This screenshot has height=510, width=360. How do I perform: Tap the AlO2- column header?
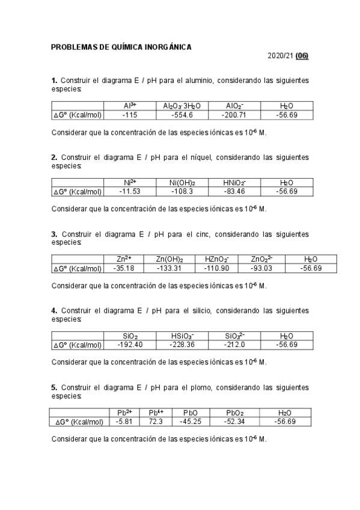point(234,106)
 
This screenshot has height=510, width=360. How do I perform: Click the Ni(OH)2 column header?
point(184,183)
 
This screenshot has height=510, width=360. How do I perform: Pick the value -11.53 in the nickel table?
point(130,192)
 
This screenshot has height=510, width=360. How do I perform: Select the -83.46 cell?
point(234,192)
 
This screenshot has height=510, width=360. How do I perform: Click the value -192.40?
point(130,345)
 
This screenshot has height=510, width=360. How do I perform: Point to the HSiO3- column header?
point(182,336)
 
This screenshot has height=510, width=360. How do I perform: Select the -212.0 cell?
point(234,345)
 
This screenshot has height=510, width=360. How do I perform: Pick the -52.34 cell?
point(234,422)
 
